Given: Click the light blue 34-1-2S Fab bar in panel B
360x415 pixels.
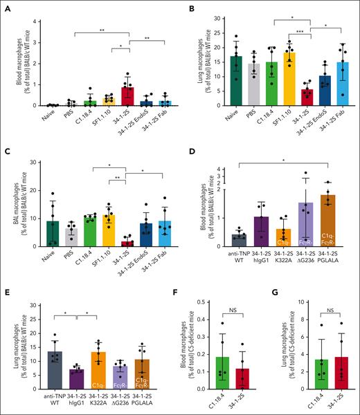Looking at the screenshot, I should tap(339, 84).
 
